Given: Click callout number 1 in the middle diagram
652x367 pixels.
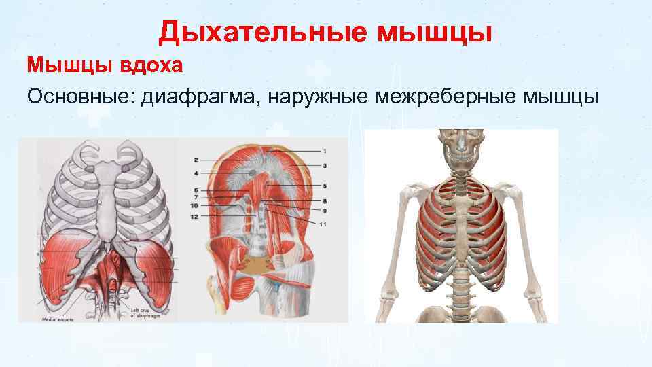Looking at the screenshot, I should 325,150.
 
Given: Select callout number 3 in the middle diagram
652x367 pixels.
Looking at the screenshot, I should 325,165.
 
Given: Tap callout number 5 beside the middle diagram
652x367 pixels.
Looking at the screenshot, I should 325,185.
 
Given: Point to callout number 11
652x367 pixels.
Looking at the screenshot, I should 323,224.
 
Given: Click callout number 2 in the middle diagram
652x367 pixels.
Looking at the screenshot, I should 196,160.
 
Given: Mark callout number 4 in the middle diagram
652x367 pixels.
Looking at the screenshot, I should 196,174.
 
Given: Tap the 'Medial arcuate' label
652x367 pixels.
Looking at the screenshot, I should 56,317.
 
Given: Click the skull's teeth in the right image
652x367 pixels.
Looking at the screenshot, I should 462,155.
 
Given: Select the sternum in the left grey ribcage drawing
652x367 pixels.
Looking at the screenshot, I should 104,204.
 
